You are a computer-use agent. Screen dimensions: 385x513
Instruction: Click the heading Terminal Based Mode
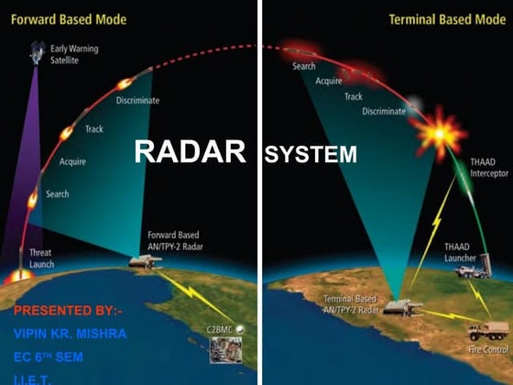447,18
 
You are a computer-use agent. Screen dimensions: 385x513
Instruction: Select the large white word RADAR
191,151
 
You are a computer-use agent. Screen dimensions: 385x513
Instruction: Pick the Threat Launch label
41,258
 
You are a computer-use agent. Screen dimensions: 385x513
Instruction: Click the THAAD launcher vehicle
473,269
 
